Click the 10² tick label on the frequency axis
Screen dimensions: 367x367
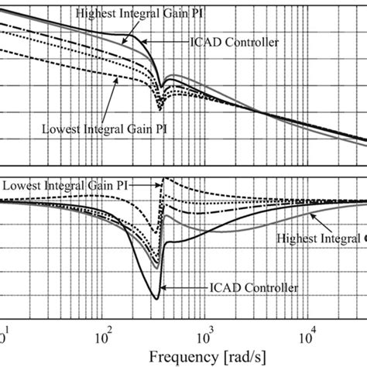[x=104, y=338]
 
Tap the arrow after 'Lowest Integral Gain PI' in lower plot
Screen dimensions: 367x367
[x=142, y=185]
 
